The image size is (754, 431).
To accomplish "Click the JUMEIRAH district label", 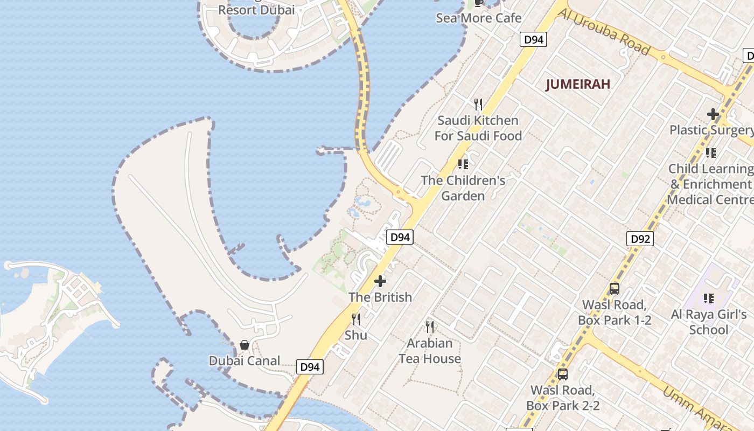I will pyautogui.click(x=578, y=85).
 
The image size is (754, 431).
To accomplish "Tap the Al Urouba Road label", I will pyautogui.click(x=603, y=32).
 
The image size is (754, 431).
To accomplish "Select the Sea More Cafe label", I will pyautogui.click(x=479, y=18).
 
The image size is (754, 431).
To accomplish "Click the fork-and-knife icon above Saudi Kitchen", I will pyautogui.click(x=478, y=104).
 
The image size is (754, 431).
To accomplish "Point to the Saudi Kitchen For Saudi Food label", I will pyautogui.click(x=478, y=128).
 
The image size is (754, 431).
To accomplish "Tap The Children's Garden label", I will pyautogui.click(x=463, y=187).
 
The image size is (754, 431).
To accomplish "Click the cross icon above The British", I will pyautogui.click(x=380, y=281).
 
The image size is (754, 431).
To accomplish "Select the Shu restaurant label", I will pyautogui.click(x=356, y=335).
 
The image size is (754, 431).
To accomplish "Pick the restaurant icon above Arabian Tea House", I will pyautogui.click(x=430, y=326).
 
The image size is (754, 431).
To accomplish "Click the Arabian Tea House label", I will pyautogui.click(x=430, y=351).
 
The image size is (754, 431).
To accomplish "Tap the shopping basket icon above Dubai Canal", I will pyautogui.click(x=245, y=345).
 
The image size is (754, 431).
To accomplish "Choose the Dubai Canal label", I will pyautogui.click(x=245, y=361).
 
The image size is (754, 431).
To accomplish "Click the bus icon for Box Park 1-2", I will pyautogui.click(x=615, y=289).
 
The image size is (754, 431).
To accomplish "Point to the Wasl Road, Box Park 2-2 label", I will pyautogui.click(x=563, y=398).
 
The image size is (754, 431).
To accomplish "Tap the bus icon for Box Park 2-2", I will pyautogui.click(x=563, y=374).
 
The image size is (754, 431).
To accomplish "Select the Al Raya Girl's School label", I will pyautogui.click(x=709, y=322).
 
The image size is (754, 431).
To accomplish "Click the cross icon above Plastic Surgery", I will pyautogui.click(x=713, y=114).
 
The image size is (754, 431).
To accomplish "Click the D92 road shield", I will pyautogui.click(x=640, y=239).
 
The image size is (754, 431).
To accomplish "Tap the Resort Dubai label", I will pyautogui.click(x=256, y=10).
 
